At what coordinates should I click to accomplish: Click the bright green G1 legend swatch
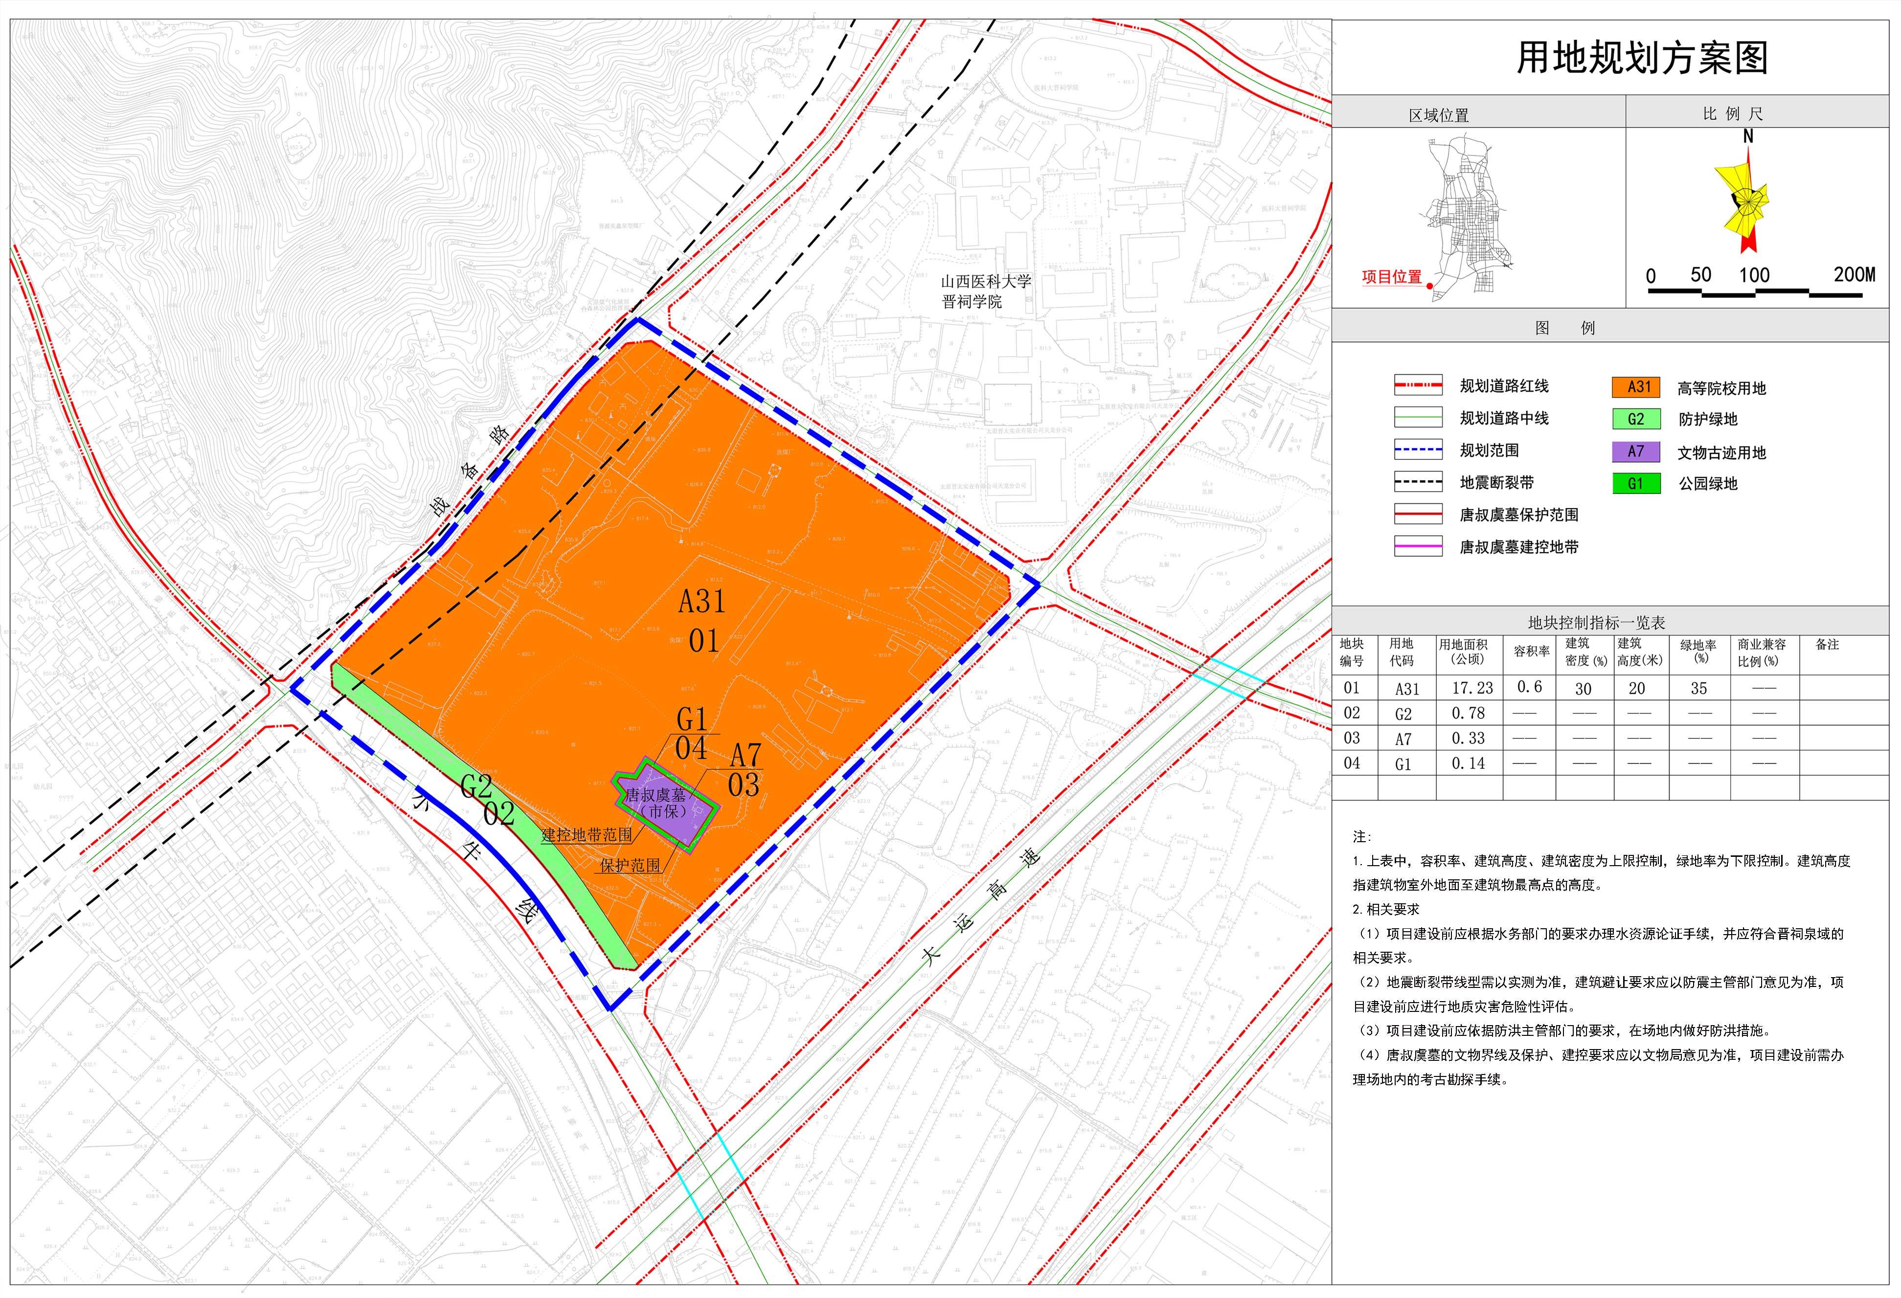(1636, 483)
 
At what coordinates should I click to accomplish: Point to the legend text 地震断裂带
(1497, 483)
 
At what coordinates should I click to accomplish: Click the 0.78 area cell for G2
(1468, 713)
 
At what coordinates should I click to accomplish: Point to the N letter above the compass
(1748, 136)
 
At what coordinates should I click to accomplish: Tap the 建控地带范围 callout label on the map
(587, 835)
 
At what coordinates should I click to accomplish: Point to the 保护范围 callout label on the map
(630, 865)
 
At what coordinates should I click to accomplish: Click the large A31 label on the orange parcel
(702, 602)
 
